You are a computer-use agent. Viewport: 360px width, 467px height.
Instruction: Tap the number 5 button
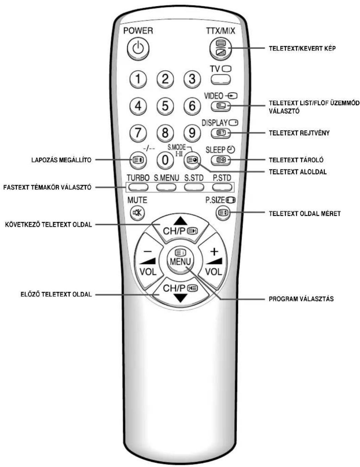165,106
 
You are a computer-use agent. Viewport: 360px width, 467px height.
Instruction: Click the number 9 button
192,133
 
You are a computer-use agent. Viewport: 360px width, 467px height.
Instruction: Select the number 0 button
165,160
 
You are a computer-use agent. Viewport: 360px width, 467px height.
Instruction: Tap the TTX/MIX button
220,49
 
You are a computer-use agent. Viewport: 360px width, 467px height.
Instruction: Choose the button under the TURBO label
138,187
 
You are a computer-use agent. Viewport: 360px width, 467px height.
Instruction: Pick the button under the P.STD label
222,187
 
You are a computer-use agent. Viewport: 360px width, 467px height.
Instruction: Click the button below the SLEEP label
220,160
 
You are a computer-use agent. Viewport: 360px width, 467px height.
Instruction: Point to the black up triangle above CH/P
180,221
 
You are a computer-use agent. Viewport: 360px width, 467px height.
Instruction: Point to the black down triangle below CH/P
180,298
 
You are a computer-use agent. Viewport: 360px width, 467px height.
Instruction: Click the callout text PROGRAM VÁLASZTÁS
301,299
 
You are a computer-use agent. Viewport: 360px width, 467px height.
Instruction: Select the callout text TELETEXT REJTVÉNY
299,133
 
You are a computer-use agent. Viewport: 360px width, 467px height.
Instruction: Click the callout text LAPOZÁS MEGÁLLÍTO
61,160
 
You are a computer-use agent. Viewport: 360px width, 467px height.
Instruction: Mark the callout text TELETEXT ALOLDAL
298,172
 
